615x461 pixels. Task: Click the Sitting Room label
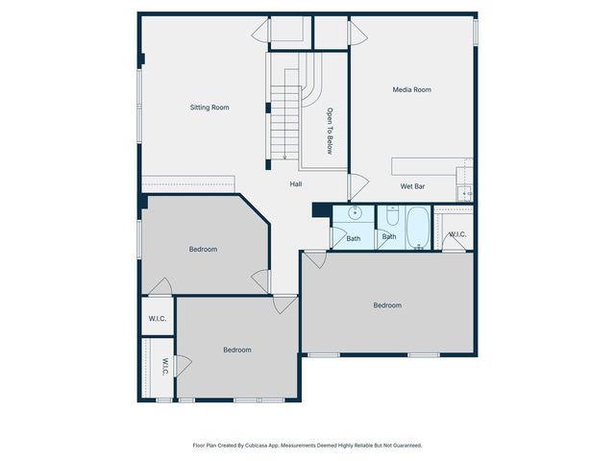pos(209,108)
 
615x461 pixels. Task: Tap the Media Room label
pos(411,89)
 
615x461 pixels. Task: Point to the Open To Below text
pos(330,131)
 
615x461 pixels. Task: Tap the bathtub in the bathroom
pos(419,227)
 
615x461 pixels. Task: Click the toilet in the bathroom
pos(393,216)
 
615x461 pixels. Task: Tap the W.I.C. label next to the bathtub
pos(456,234)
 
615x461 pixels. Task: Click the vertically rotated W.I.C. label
pos(164,367)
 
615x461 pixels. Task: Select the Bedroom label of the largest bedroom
pos(387,305)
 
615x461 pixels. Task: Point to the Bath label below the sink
pos(354,238)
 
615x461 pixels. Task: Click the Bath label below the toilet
pos(389,236)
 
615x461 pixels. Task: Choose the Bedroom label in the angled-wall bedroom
pos(203,250)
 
